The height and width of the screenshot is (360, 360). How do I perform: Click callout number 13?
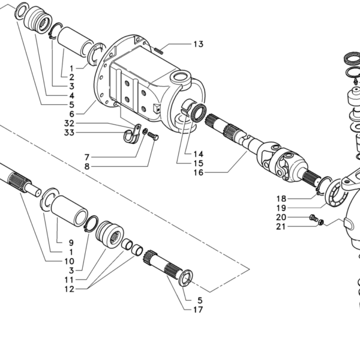coord(198,44)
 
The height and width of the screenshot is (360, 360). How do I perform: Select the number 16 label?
coord(198,173)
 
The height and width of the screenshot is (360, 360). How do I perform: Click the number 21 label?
coord(281,227)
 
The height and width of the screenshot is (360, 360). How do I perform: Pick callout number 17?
coord(198,310)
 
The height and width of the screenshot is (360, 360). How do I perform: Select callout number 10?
coord(69,262)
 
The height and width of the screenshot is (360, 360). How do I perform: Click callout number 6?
coord(71,113)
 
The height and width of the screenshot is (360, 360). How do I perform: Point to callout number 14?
coord(198,153)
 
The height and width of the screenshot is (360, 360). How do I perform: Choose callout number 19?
coord(281,208)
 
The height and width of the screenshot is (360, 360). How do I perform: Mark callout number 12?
coord(69,289)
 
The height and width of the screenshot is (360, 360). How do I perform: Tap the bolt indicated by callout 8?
coord(154,137)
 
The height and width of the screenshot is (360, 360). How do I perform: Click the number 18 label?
coord(281,199)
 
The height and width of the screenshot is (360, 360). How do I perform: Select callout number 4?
coord(71,95)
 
